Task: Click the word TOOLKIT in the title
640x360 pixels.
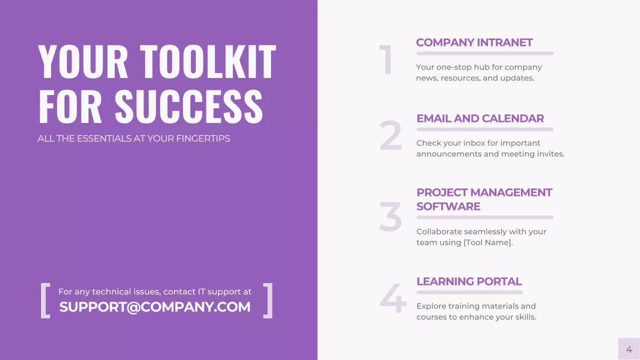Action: [x=207, y=62]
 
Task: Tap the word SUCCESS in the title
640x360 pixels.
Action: [x=188, y=106]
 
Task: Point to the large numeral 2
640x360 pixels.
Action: [x=390, y=136]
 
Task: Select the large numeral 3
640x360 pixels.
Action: [x=390, y=217]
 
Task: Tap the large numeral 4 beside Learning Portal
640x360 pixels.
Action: [x=393, y=299]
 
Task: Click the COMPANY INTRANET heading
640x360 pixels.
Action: [x=474, y=42]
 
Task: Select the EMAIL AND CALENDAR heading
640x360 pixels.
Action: [x=480, y=118]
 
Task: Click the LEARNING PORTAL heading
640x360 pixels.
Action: [x=469, y=281]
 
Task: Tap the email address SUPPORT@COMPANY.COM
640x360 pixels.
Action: [x=155, y=307]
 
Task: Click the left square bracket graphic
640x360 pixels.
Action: [x=45, y=300]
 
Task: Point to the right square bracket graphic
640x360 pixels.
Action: [x=268, y=300]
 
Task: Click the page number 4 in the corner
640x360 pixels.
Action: [x=629, y=349]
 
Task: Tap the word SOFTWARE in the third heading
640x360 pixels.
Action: [x=448, y=206]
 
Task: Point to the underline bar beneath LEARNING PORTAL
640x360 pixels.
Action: [x=469, y=292]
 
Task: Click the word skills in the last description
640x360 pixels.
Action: [x=523, y=317]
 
